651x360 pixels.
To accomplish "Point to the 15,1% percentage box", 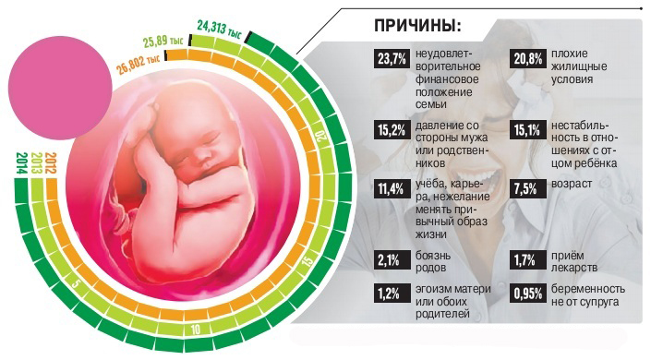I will (x=527, y=129).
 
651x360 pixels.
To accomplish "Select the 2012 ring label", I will (x=51, y=166).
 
